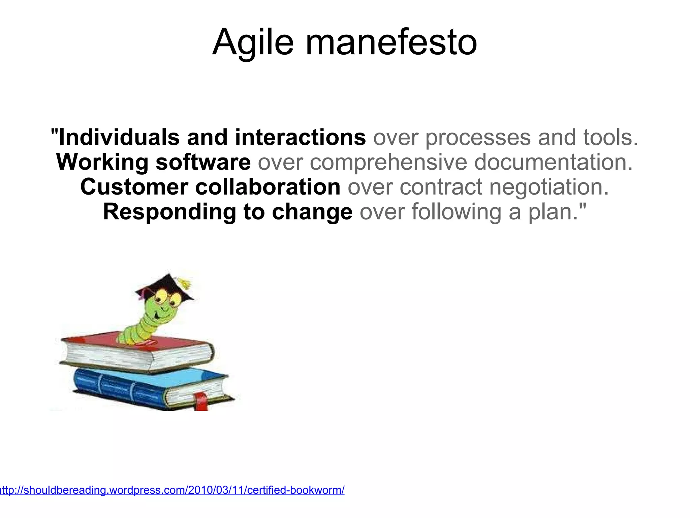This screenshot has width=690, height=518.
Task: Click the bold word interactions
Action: (x=300, y=138)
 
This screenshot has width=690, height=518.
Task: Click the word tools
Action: (x=610, y=138)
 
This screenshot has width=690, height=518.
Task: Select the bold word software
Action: (x=203, y=162)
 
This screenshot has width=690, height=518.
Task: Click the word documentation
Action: (x=553, y=162)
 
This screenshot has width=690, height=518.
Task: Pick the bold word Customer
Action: (x=134, y=187)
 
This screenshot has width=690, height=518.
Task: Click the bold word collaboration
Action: (x=268, y=187)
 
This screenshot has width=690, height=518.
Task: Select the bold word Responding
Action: (x=169, y=212)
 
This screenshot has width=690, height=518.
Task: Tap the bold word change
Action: (x=312, y=212)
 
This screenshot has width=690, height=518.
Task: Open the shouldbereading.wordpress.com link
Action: (x=172, y=490)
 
